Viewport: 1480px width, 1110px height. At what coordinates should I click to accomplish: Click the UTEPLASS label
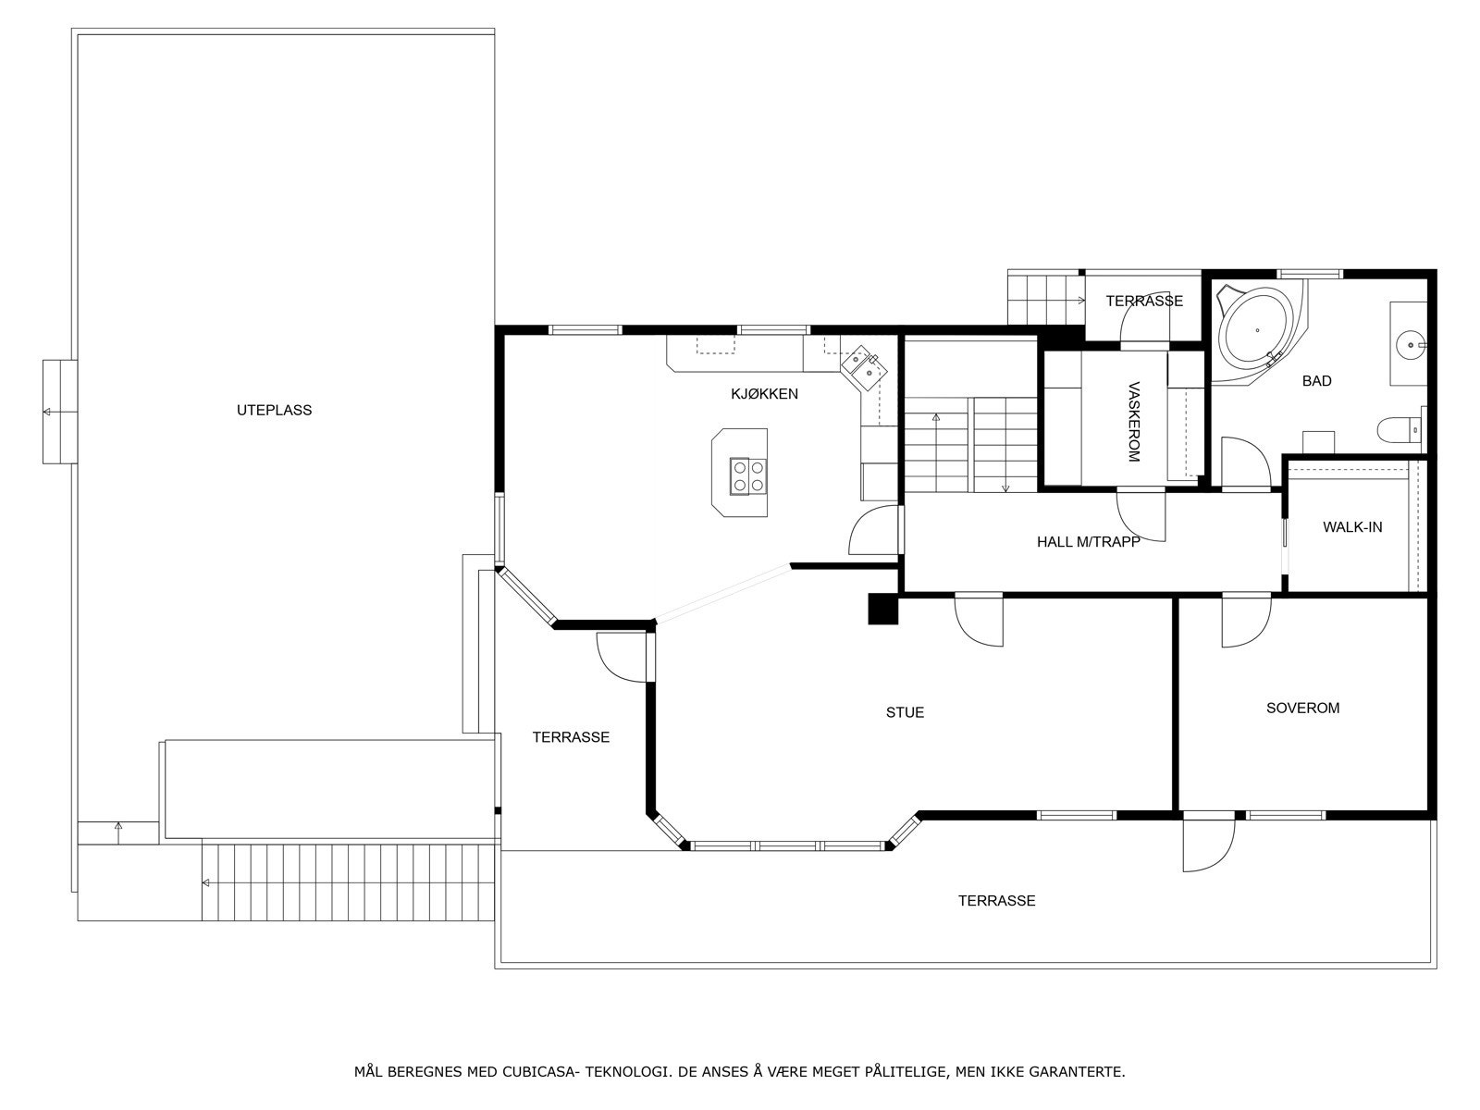(x=274, y=410)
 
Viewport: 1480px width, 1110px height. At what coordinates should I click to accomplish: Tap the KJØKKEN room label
(x=764, y=394)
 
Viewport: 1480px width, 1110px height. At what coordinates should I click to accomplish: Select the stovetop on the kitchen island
(x=747, y=475)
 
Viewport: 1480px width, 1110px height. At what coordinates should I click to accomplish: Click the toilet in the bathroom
(x=1397, y=430)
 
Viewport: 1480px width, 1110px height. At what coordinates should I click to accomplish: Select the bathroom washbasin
(x=1409, y=345)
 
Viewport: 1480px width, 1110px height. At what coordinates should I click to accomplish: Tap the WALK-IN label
(x=1351, y=527)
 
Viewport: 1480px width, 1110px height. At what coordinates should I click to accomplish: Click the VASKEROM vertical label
(x=1134, y=422)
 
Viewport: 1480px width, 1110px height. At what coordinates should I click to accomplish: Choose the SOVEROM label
(x=1302, y=708)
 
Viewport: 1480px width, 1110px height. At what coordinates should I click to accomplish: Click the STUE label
(x=905, y=712)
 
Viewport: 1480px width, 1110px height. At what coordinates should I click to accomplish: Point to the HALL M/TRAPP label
(x=1088, y=542)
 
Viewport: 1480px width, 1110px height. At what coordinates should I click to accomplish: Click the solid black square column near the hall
(x=883, y=609)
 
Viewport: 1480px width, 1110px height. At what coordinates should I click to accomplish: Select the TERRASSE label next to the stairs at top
(x=1143, y=301)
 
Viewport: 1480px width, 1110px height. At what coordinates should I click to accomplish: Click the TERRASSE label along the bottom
(x=996, y=900)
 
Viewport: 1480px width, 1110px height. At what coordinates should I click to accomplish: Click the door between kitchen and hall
(x=874, y=532)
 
